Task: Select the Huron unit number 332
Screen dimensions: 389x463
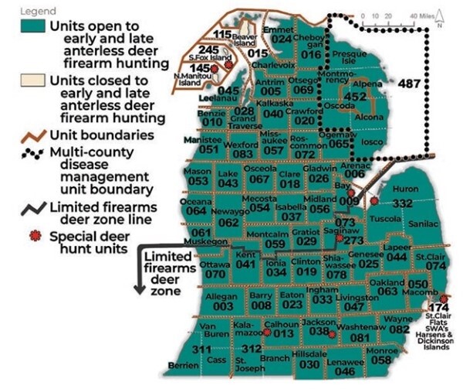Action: pyautogui.click(x=403, y=203)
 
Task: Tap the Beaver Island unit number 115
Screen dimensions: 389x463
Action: pyautogui.click(x=223, y=34)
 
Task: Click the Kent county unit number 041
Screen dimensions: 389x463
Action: pyautogui.click(x=245, y=264)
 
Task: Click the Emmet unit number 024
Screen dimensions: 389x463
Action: pyautogui.click(x=282, y=39)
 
